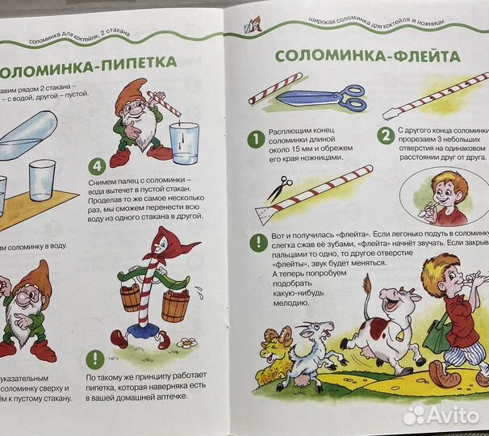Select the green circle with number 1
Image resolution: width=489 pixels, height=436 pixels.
255,140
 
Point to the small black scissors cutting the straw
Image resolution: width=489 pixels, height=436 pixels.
279,190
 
